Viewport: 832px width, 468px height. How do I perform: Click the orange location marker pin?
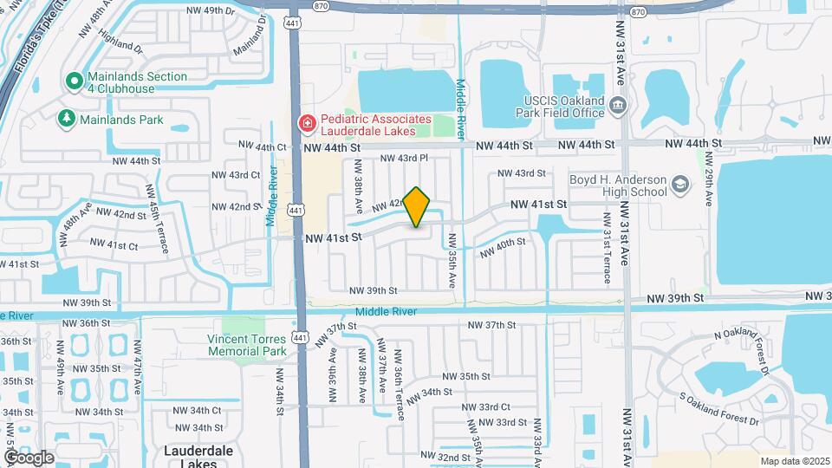417,207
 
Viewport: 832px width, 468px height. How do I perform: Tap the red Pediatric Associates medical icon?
305,125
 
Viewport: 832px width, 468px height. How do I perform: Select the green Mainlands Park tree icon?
66,118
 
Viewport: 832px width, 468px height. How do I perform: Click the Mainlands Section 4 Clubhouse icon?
74,81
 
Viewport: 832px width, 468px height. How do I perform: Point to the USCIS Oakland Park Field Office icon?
618,107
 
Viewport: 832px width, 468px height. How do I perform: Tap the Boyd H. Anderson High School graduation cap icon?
680,185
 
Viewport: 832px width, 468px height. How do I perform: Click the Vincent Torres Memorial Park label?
246,345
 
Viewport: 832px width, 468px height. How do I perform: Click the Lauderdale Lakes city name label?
196,457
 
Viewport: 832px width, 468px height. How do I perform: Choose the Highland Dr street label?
120,40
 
